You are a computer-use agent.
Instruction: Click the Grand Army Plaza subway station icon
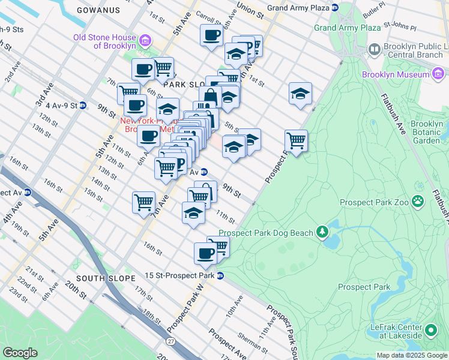pos(335,8)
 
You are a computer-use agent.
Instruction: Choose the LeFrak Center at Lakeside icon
pos(430,331)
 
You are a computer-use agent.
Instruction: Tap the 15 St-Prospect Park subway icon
pos(220,275)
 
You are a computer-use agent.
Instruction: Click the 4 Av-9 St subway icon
pos(83,105)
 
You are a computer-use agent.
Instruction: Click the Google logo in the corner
pos(20,353)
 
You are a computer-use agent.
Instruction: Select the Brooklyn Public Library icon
pos(375,49)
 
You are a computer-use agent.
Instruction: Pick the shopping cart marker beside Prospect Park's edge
pos(296,140)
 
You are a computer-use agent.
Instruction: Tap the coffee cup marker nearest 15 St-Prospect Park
pos(205,252)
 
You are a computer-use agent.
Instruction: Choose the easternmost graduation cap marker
pos(300,93)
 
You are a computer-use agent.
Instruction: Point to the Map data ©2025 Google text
pos(411,355)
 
